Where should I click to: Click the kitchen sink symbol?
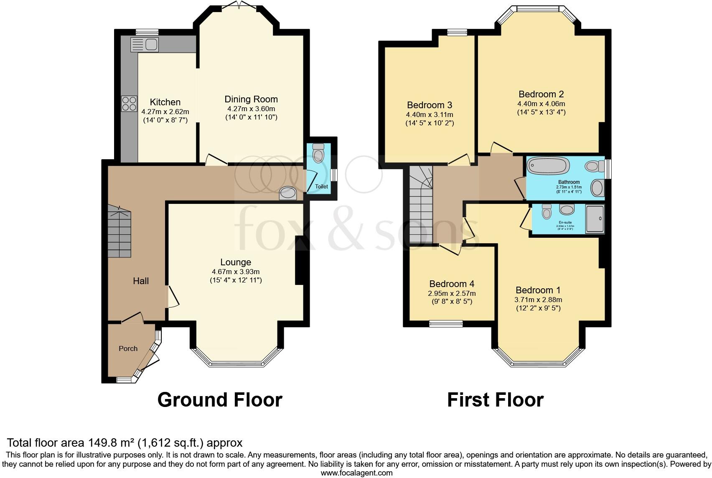coord(144,44)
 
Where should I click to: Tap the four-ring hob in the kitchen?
coord(129,104)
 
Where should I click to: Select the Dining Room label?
coord(251,99)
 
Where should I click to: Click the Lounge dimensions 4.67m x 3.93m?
coord(236,272)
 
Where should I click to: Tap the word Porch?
coord(128,348)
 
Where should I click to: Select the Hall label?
coord(141,281)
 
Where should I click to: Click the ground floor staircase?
coord(120,232)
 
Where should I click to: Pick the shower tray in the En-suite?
coord(595,219)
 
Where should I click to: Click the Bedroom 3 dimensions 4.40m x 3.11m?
coord(430,114)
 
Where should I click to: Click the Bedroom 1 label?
coord(538,290)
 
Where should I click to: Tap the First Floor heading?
coord(495,400)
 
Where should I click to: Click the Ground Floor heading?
coord(220,400)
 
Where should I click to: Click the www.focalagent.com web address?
coord(356,473)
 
